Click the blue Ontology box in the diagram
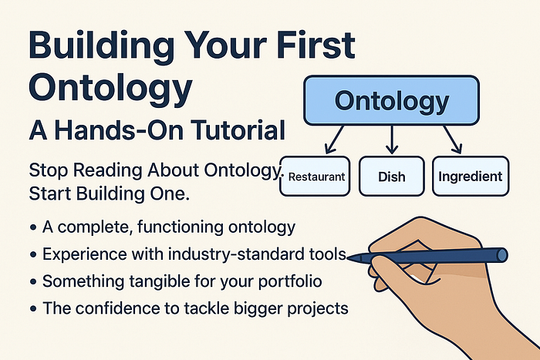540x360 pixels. point(391,100)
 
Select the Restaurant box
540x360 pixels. point(315,177)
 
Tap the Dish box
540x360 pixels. point(392,177)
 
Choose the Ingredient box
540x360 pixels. point(471,177)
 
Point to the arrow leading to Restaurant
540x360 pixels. point(334,140)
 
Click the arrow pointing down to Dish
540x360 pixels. point(392,140)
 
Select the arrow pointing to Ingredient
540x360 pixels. point(453,140)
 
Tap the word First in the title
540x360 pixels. point(316,45)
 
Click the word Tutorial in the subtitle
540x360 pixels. point(238,130)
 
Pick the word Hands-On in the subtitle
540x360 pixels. point(120,130)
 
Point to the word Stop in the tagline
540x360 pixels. point(49,170)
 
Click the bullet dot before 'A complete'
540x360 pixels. point(33,227)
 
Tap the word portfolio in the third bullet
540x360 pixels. point(290,281)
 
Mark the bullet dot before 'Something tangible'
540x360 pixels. point(33,281)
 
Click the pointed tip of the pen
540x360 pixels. point(348,257)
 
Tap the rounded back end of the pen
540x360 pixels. point(502,255)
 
